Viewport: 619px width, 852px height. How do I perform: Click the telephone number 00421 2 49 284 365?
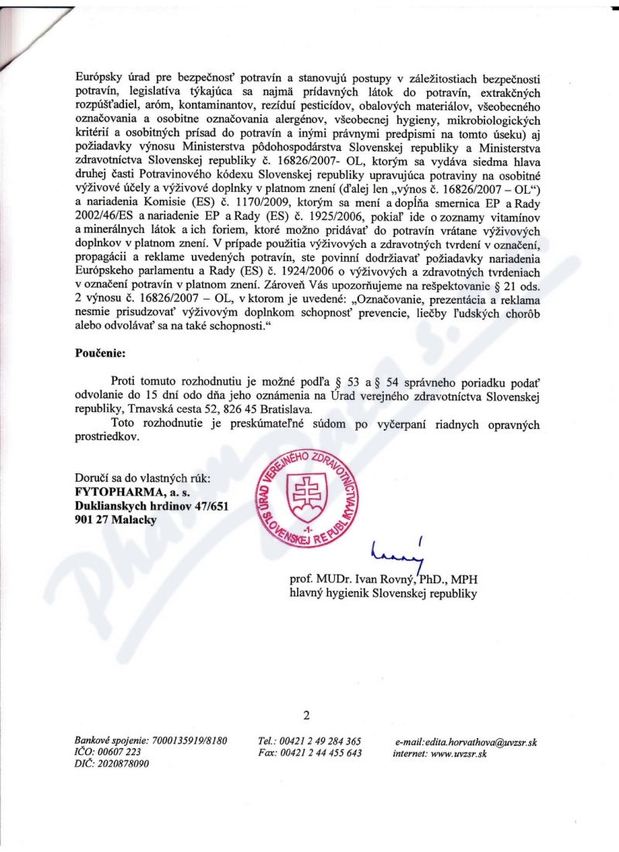point(322,741)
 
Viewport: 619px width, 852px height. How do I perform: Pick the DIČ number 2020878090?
point(124,764)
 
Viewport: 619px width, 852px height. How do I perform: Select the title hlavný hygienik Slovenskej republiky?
point(383,594)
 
